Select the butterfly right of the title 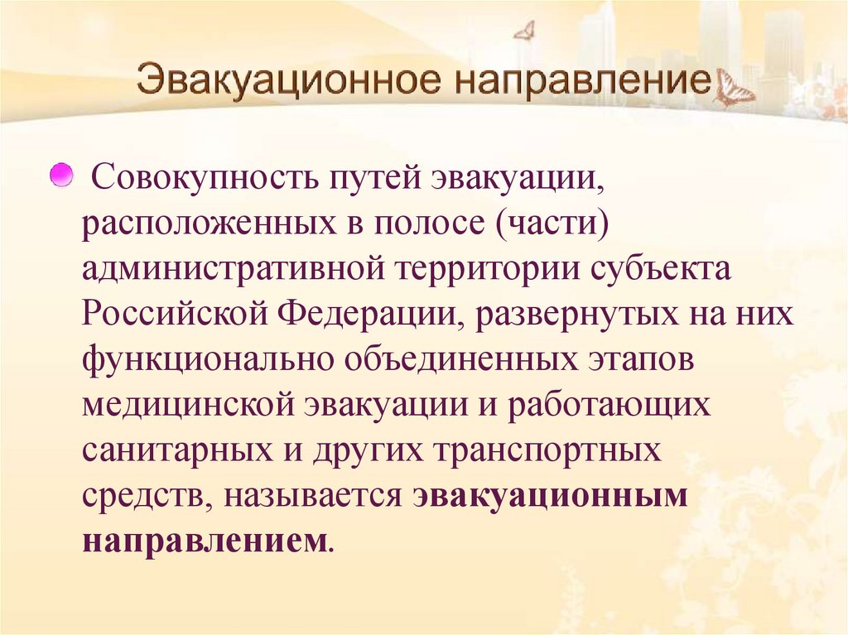(x=735, y=88)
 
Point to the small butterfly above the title (x=524, y=31)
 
